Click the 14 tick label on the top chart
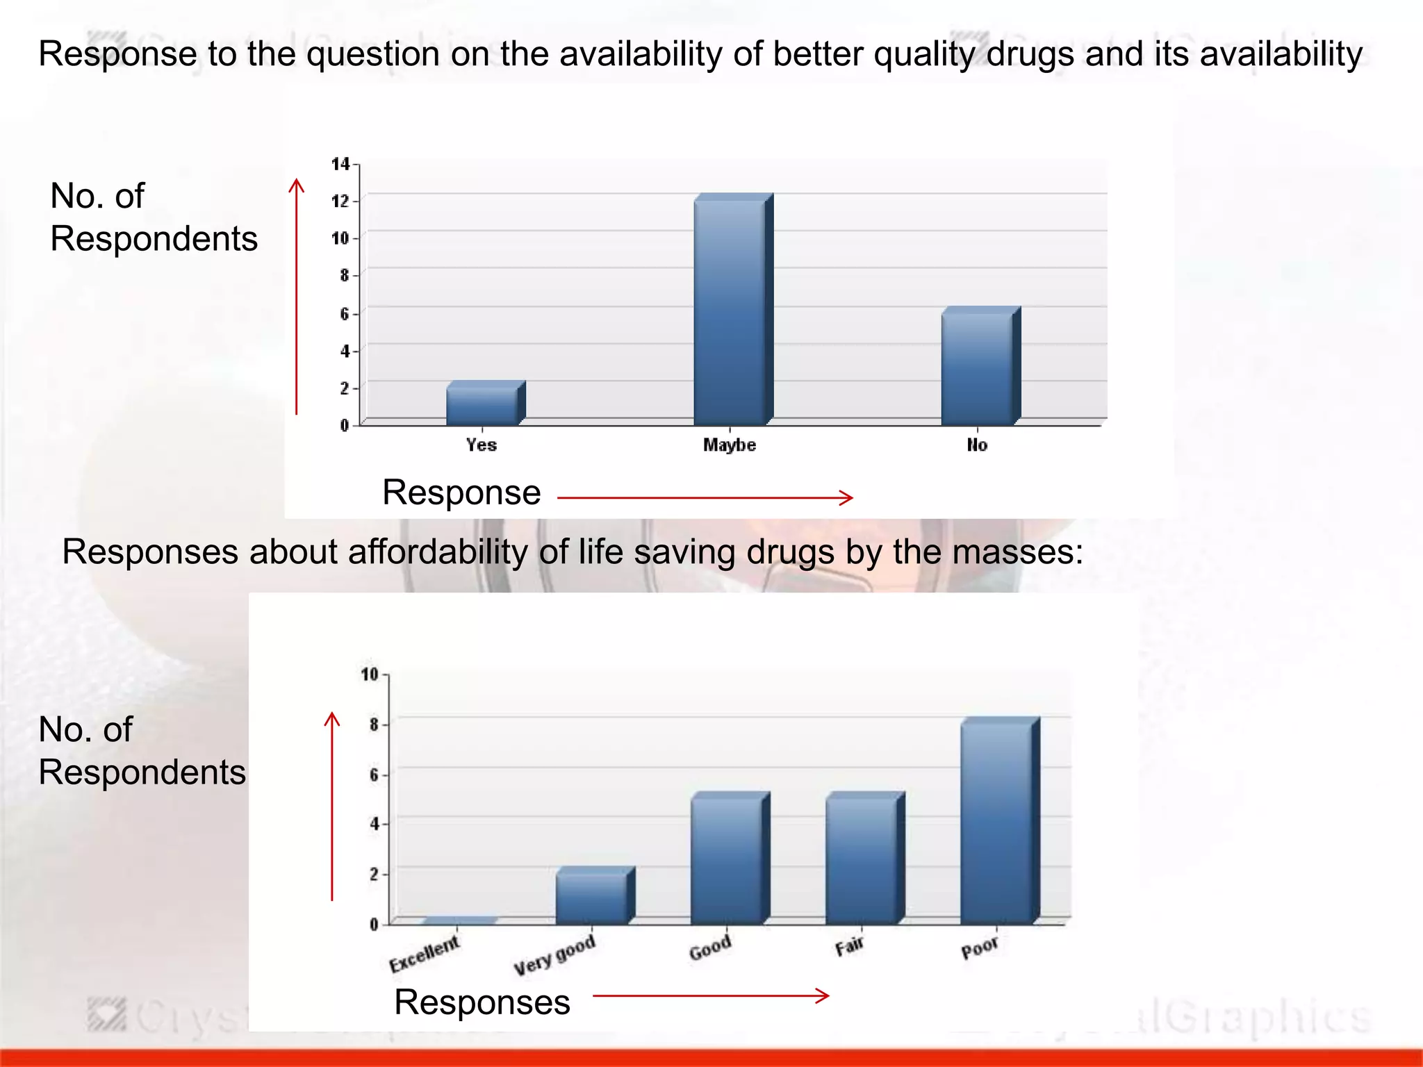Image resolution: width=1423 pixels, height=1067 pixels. click(x=340, y=164)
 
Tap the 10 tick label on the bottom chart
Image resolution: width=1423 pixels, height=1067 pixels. click(x=369, y=674)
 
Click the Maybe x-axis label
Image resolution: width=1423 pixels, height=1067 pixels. click(x=730, y=445)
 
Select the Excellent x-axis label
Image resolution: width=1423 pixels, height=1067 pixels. click(x=424, y=954)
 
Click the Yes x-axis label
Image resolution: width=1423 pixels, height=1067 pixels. click(x=482, y=445)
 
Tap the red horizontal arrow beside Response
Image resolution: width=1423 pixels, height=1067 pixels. click(x=705, y=497)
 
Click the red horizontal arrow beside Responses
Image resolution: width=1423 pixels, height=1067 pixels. click(x=710, y=995)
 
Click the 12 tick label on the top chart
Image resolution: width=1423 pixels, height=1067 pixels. click(x=340, y=201)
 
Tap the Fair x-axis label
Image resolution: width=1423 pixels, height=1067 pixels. click(x=849, y=946)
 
